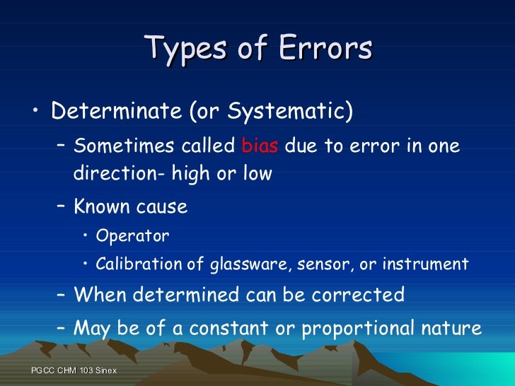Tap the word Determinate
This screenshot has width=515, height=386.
coord(117,112)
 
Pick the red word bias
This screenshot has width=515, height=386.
coord(260,146)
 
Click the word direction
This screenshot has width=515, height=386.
coord(107,173)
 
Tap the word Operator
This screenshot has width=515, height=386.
coord(132,235)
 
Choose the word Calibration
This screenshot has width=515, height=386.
coord(139,264)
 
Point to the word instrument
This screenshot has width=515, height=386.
coord(425,264)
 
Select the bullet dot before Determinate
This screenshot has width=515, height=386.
coord(36,111)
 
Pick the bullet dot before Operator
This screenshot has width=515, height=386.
coord(86,235)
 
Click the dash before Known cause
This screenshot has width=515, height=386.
coord(62,207)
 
